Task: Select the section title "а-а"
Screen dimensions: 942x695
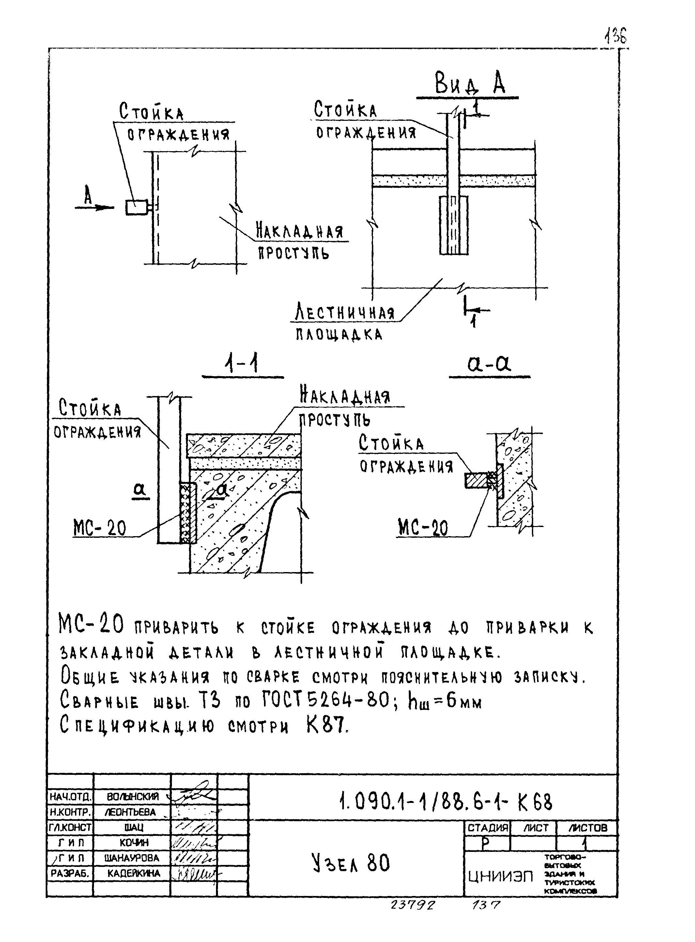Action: click(x=489, y=363)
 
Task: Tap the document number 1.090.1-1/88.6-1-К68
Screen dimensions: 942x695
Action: click(x=445, y=802)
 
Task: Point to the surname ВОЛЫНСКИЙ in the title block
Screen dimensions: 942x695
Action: click(x=132, y=797)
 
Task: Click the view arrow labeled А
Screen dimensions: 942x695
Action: click(x=93, y=206)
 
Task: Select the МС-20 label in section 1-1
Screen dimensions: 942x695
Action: click(x=100, y=528)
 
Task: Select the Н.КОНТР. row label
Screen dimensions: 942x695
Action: click(x=69, y=812)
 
